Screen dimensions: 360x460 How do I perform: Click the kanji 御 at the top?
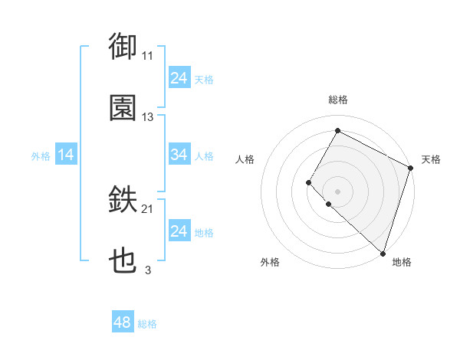point(123,46)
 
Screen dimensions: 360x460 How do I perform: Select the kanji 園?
point(123,108)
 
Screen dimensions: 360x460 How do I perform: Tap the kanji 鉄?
point(123,200)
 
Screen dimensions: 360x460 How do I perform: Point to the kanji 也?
point(123,261)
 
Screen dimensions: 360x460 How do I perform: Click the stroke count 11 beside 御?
point(148,55)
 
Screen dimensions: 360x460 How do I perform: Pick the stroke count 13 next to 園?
point(148,117)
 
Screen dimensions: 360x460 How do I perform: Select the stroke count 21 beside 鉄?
point(148,209)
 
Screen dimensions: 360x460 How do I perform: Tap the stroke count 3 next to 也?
point(148,270)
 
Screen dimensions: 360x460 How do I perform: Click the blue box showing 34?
point(179,155)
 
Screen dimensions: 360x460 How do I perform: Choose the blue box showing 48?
point(123,323)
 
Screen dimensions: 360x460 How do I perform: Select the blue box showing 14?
point(65,155)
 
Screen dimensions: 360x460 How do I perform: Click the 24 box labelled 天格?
point(179,78)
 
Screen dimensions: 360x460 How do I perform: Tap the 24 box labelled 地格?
point(179,231)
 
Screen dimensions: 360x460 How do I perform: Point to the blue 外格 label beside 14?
point(41,156)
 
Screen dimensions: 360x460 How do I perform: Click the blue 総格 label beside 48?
point(147,324)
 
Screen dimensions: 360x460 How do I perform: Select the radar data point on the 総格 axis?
point(337,130)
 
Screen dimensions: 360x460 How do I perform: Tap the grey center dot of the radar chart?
point(337,190)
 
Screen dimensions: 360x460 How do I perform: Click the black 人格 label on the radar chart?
point(245,159)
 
